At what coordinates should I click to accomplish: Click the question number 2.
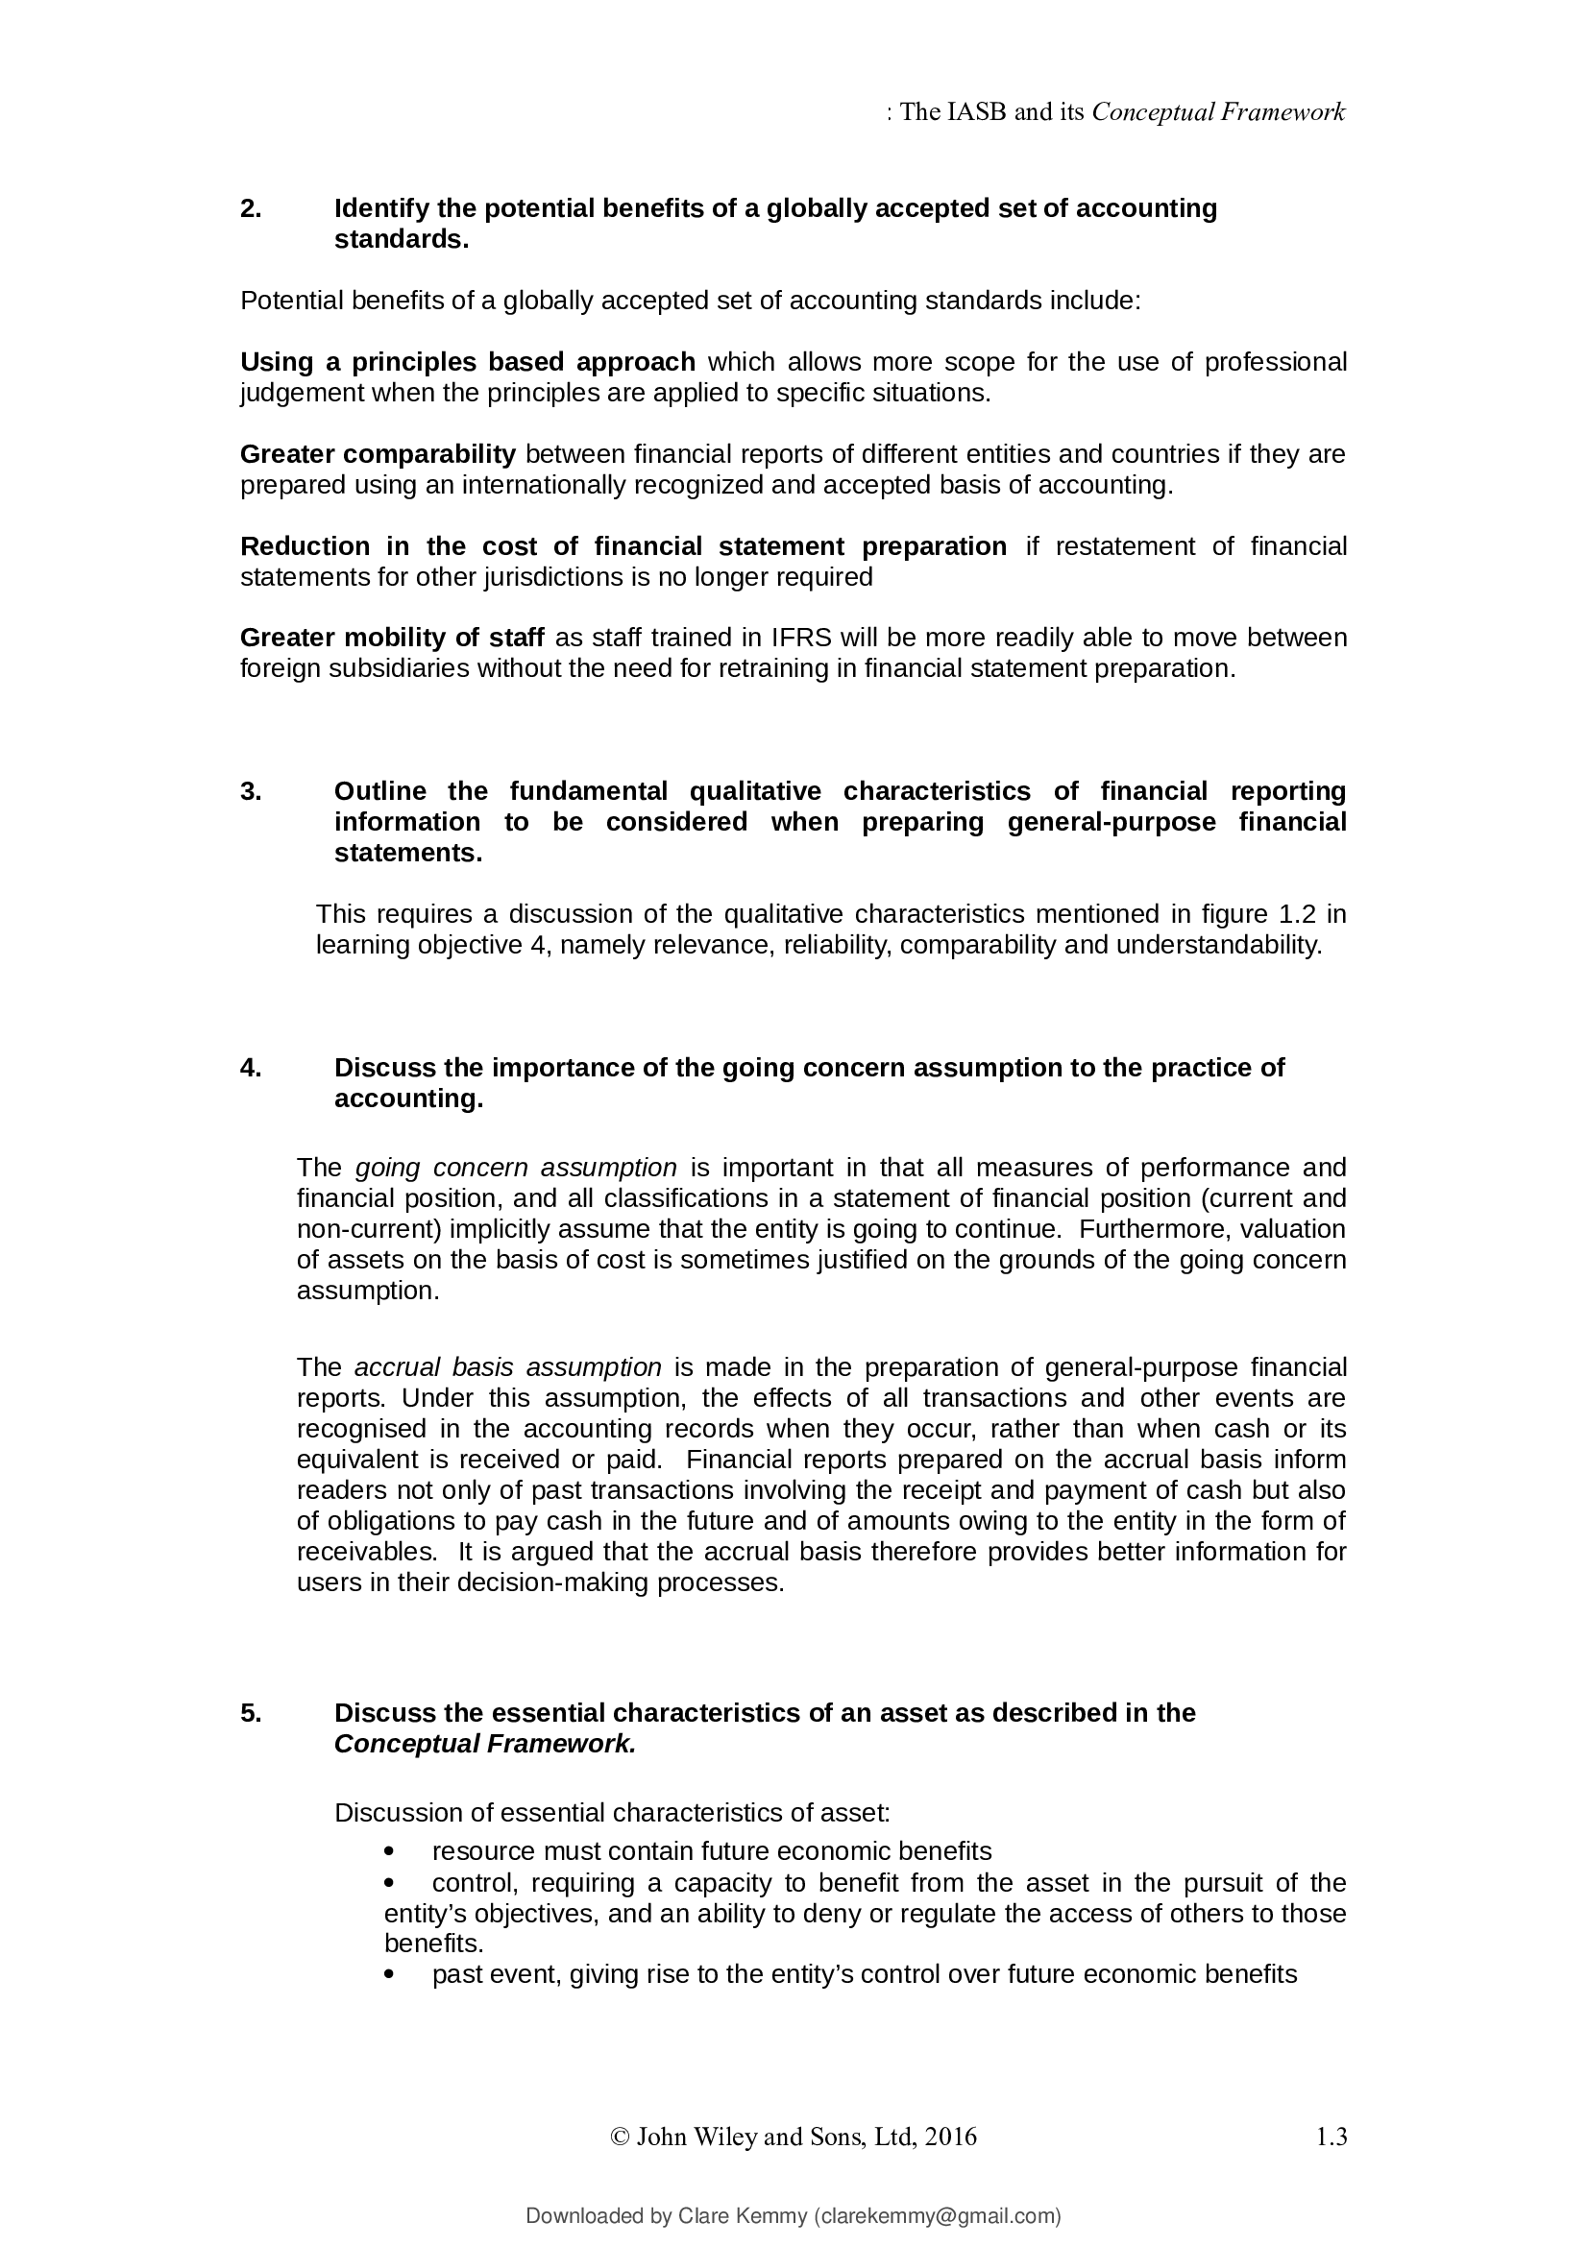click(x=251, y=208)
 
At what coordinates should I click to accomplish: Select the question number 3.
click(x=251, y=790)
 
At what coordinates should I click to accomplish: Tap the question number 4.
click(x=251, y=1067)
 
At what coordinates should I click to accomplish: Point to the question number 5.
click(x=251, y=1713)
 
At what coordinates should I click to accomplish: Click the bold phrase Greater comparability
click(x=378, y=454)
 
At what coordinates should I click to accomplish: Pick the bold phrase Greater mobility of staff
click(x=391, y=638)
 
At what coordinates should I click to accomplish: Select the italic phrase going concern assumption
click(x=516, y=1167)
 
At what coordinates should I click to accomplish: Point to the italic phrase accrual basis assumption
click(x=508, y=1366)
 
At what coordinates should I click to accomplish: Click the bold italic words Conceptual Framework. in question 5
click(x=484, y=1744)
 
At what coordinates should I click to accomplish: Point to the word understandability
click(x=1218, y=945)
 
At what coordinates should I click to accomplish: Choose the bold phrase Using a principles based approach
click(x=468, y=362)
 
